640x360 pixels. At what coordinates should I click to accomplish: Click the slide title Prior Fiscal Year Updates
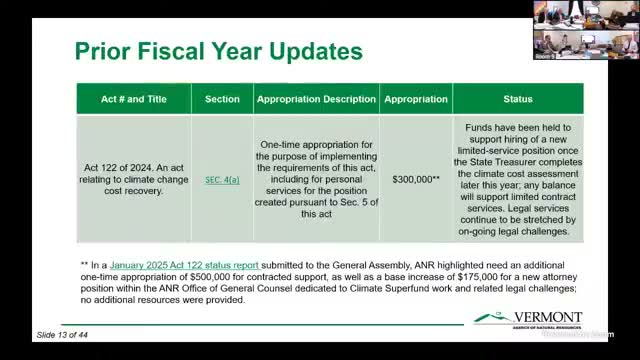point(219,51)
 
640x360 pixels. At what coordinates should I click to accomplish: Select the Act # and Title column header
point(134,99)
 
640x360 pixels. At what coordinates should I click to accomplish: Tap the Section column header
point(222,99)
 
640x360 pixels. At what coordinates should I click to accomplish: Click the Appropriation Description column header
point(316,99)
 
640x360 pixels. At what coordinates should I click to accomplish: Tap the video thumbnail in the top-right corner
point(585,29)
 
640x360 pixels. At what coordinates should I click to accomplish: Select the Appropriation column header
point(415,99)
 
